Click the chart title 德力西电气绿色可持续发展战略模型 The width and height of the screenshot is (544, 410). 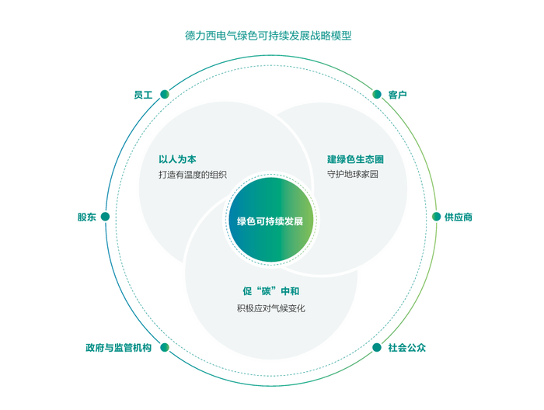tap(268, 36)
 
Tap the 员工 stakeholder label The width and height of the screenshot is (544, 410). tap(143, 95)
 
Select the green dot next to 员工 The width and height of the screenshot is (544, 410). tap(165, 94)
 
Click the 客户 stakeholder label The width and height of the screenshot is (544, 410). tap(397, 95)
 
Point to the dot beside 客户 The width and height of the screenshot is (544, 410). tap(377, 94)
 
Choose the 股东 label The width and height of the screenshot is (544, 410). tap(87, 217)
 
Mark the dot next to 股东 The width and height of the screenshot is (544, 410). tap(105, 217)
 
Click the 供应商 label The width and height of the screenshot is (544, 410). tap(459, 217)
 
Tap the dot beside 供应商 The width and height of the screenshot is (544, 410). tap(436, 217)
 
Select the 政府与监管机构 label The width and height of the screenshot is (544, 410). tap(119, 348)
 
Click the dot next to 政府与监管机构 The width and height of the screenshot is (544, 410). tap(165, 347)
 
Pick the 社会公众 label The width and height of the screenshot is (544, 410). tap(406, 348)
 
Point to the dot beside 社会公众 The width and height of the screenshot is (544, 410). tap(377, 347)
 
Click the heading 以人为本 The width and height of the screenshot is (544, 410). tap(177, 159)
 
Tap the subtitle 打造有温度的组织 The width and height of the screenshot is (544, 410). tap(193, 175)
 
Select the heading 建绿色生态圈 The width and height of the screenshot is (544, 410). tap(355, 159)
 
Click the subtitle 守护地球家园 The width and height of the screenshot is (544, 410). tap(353, 174)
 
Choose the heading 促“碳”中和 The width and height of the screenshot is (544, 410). tap(271, 291)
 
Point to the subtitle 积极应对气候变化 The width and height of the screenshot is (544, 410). tap(271, 308)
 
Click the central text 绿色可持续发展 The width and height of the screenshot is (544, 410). tap(270, 221)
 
